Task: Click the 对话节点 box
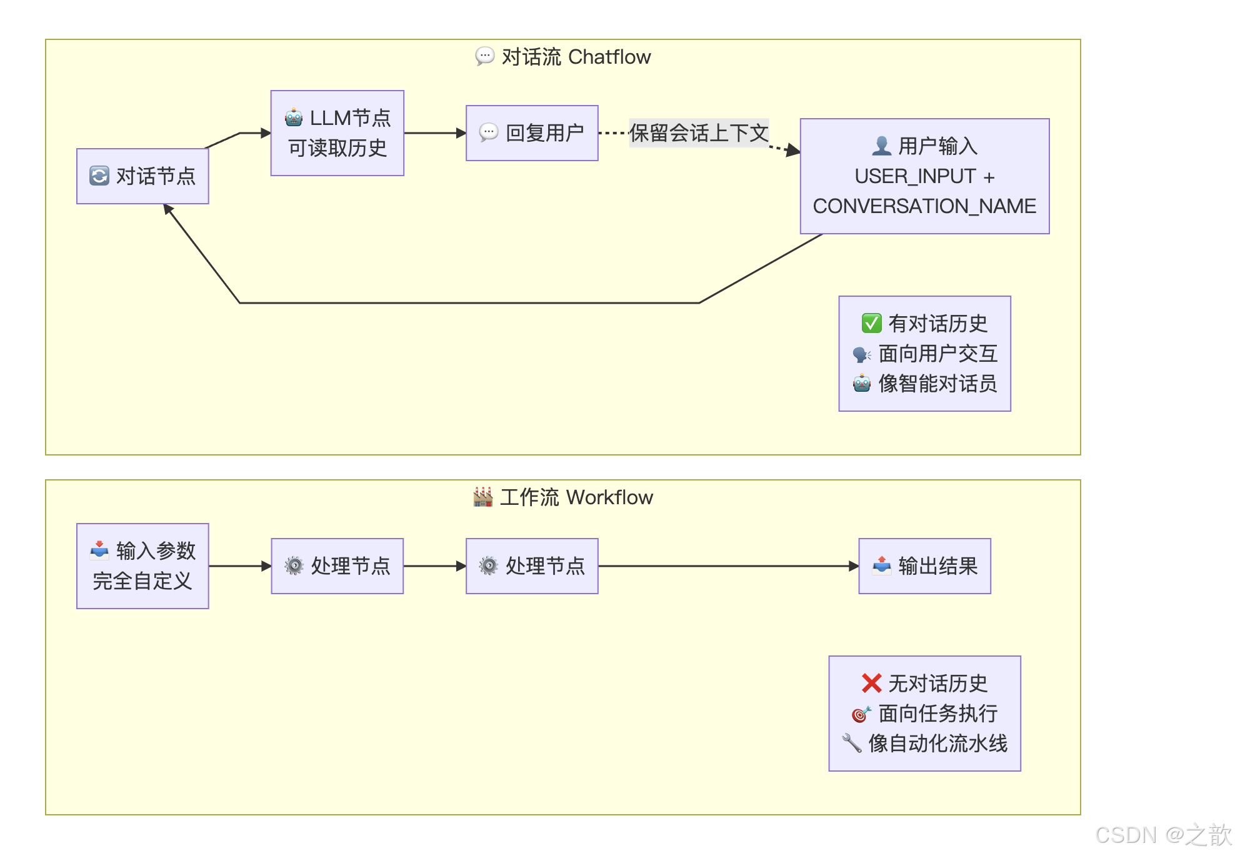142,176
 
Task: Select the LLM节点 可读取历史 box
337,133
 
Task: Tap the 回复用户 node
532,133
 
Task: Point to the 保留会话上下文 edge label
699,133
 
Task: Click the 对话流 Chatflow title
563,57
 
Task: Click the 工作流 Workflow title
563,497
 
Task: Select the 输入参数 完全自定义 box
142,566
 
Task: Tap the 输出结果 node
924,566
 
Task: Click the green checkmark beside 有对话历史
871,323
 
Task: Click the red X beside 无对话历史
871,683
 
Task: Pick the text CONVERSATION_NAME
924,206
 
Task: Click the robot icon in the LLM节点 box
294,117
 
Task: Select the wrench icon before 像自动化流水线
851,743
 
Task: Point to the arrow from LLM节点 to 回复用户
434,133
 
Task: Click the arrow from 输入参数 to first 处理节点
239,566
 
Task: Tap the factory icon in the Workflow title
482,497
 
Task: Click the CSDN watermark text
1162,835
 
